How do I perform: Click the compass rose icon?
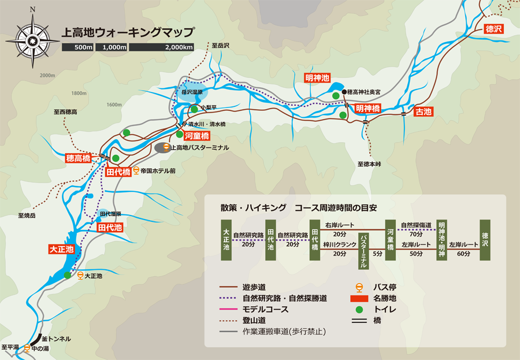pos(32,39)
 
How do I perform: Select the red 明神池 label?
pos(317,77)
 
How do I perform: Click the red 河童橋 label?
pos(196,136)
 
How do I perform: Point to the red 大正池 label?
pos(61,249)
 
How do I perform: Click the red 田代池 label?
pos(110,228)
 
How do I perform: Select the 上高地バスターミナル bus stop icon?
pos(165,147)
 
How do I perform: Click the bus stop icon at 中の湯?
pos(27,348)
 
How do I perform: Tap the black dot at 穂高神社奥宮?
pos(344,92)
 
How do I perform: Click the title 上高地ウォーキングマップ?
pos(128,32)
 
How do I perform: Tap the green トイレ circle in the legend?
pos(359,310)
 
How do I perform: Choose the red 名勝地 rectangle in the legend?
pos(359,298)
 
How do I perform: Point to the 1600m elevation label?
pos(114,105)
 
